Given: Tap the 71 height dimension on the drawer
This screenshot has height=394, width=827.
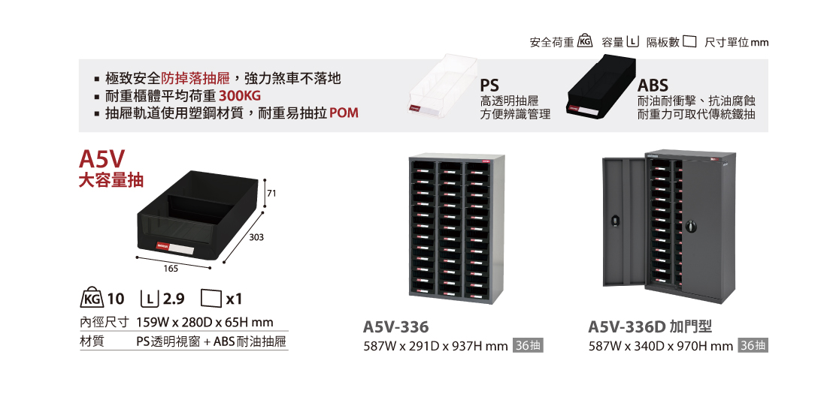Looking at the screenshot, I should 271,194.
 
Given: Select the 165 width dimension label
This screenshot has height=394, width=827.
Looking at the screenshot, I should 171,268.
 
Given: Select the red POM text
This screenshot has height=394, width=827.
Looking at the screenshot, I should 344,113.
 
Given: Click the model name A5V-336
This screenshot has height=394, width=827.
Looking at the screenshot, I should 395,327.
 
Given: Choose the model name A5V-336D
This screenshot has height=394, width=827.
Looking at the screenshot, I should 628,327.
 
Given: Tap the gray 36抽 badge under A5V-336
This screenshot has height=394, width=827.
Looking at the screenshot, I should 527,346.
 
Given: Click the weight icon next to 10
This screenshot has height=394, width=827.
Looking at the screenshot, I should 91,298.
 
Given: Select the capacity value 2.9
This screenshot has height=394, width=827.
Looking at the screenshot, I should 174,299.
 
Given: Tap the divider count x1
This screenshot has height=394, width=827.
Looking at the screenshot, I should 234,299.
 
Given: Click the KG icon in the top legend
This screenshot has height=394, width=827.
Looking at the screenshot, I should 586,42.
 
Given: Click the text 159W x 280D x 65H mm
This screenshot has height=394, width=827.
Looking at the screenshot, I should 204,323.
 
